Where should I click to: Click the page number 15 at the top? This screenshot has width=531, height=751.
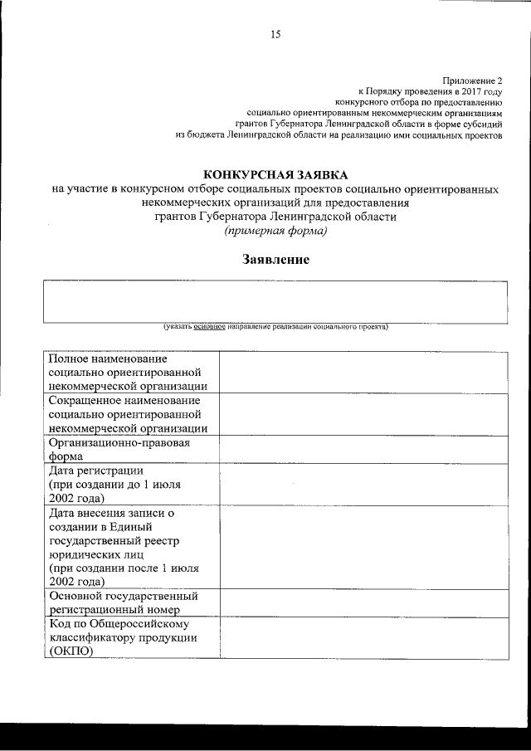click(275, 34)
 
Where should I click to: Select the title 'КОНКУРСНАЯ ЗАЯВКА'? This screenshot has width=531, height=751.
click(275, 174)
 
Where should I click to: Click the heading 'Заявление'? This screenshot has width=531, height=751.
click(275, 260)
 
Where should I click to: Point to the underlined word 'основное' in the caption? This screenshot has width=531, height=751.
click(210, 327)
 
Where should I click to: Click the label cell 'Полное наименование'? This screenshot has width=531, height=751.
click(108, 359)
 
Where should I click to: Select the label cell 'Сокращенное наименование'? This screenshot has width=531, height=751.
click(124, 401)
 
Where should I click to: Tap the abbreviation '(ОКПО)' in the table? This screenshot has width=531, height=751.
click(71, 651)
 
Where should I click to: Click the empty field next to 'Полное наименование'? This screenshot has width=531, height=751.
click(363, 372)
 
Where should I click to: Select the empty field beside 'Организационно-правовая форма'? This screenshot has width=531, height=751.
click(363, 449)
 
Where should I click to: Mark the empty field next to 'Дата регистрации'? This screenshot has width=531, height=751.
click(363, 484)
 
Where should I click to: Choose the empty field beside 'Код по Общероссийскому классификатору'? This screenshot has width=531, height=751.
click(363, 637)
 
